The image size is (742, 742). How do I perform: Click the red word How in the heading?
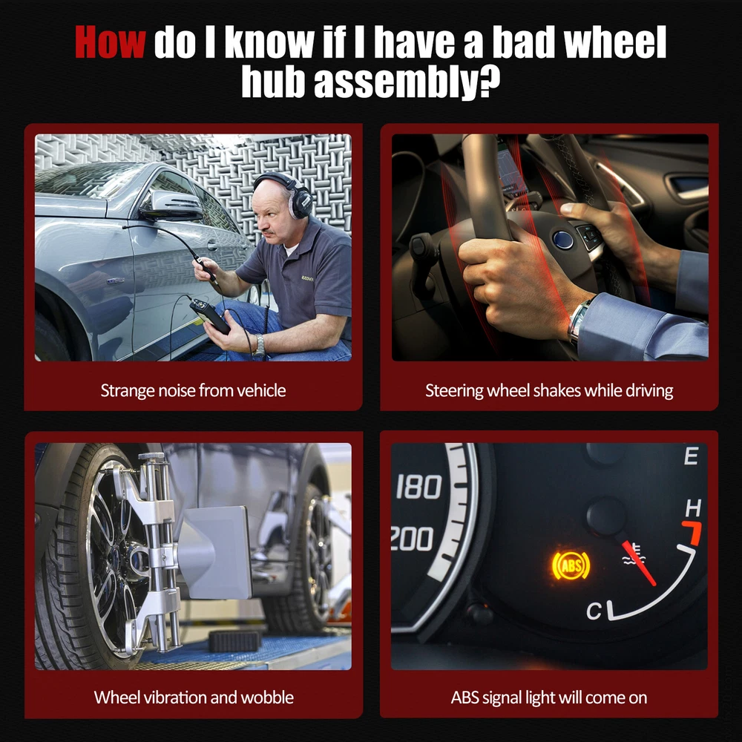click(110, 42)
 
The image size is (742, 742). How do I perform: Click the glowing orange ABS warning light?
click(571, 566)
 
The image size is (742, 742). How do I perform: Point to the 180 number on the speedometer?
click(418, 487)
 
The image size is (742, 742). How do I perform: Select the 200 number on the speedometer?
click(412, 539)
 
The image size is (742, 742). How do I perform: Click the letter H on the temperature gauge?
click(693, 508)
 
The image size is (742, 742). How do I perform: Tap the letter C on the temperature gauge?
click(594, 611)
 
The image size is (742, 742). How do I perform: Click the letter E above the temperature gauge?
click(691, 456)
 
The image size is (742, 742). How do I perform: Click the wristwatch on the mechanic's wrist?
click(258, 346)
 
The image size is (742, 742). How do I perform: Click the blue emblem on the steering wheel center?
click(564, 240)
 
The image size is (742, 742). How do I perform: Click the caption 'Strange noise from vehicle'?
click(193, 391)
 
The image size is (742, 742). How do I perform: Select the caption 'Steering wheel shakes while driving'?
click(549, 391)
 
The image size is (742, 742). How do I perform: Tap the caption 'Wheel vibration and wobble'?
click(194, 697)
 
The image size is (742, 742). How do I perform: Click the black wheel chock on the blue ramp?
click(235, 641)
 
